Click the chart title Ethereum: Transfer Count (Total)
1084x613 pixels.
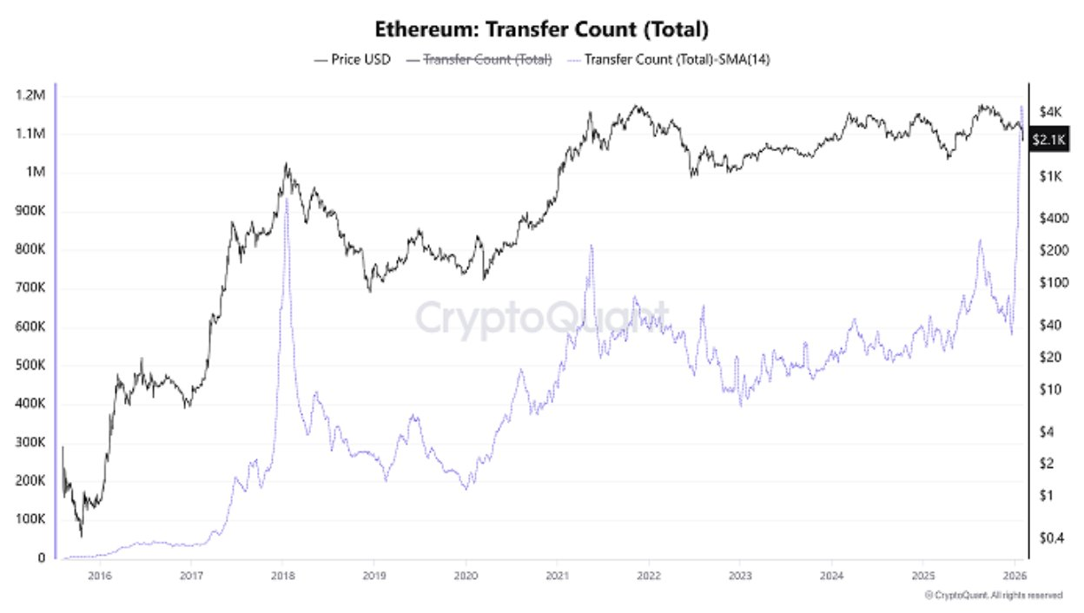(x=542, y=29)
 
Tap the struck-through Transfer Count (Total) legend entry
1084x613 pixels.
(x=487, y=60)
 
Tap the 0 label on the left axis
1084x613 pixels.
(x=41, y=558)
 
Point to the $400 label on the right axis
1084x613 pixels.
(x=1052, y=218)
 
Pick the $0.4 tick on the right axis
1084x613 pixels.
(x=1052, y=537)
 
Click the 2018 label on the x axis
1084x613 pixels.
(x=283, y=576)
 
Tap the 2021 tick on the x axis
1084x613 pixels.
(x=558, y=576)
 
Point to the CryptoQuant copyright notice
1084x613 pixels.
(x=994, y=596)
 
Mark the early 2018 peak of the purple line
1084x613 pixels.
(x=287, y=199)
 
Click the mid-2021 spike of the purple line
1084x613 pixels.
(x=592, y=246)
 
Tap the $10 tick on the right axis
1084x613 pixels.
(x=1051, y=389)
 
